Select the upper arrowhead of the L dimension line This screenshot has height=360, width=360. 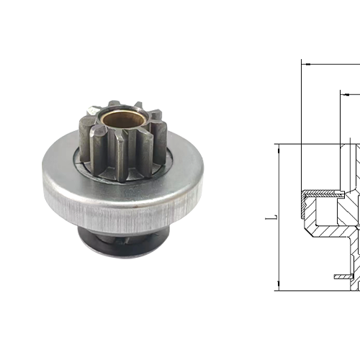tap(278, 148)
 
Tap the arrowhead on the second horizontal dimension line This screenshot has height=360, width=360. tap(344, 94)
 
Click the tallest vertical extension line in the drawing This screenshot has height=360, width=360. tap(301, 122)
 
